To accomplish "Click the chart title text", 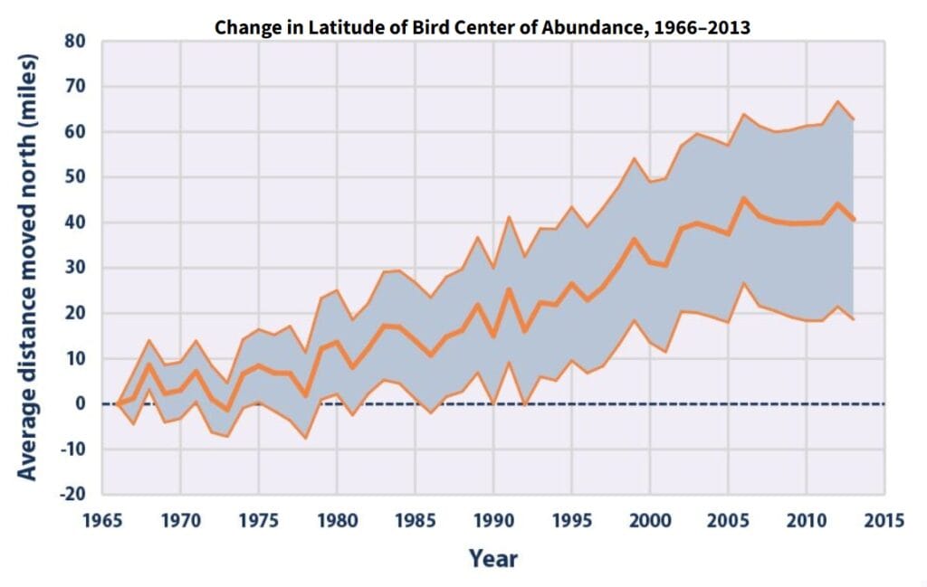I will click(482, 27).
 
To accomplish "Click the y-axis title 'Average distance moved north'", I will click(29, 268).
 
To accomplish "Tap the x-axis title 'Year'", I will click(493, 558).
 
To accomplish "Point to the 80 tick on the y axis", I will click(74, 42).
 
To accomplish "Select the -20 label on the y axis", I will click(72, 495).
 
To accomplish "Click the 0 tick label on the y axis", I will click(80, 403).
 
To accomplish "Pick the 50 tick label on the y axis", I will click(74, 177).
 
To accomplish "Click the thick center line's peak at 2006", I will click(743, 198).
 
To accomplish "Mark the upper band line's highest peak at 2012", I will click(837, 101).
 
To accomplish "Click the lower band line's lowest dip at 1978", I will click(306, 439).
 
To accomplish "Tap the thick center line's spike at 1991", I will click(509, 289).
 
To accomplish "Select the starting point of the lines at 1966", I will click(118, 403).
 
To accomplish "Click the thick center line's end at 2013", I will click(853, 220).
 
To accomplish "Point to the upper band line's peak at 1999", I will click(634, 158).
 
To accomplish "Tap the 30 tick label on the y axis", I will click(74, 268).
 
